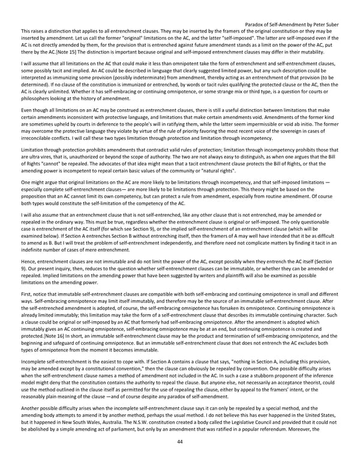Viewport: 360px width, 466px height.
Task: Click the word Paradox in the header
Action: pyautogui.click(x=257, y=25)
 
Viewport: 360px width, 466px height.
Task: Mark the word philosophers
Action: pyautogui.click(x=35, y=99)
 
